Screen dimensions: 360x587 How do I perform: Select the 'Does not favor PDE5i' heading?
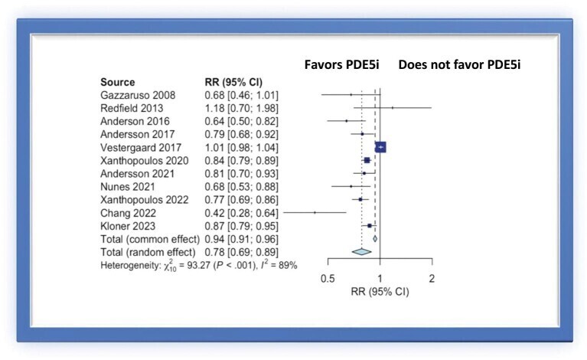point(464,65)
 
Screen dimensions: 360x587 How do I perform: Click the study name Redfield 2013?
point(134,108)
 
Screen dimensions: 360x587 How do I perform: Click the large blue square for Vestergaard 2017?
point(380,147)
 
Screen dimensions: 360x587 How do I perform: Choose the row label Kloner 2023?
point(129,225)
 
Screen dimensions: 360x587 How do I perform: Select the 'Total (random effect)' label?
point(148,251)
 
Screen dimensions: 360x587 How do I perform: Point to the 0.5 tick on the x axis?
point(328,279)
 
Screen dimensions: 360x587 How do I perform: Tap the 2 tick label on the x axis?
point(432,279)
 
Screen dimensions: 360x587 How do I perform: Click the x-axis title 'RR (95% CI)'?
point(380,292)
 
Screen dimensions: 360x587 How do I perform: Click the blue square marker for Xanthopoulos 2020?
point(367,160)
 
